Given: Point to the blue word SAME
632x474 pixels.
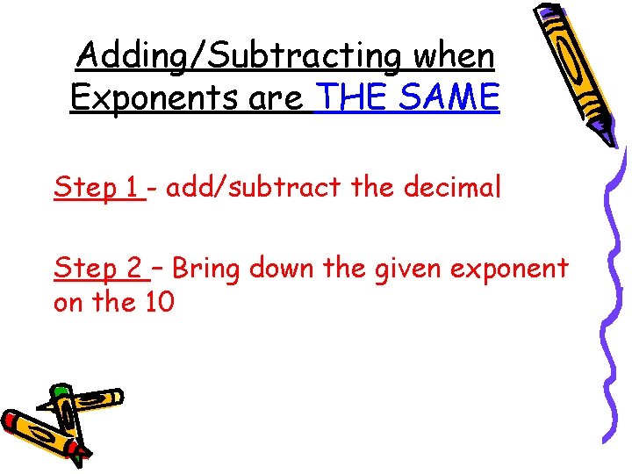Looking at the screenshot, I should click(x=448, y=98).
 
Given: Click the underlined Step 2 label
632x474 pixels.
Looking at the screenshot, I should click(x=98, y=268).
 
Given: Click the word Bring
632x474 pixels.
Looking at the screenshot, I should click(x=207, y=268).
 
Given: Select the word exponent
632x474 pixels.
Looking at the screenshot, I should click(x=513, y=269).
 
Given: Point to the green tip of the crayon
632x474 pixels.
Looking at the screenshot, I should click(x=61, y=390).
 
